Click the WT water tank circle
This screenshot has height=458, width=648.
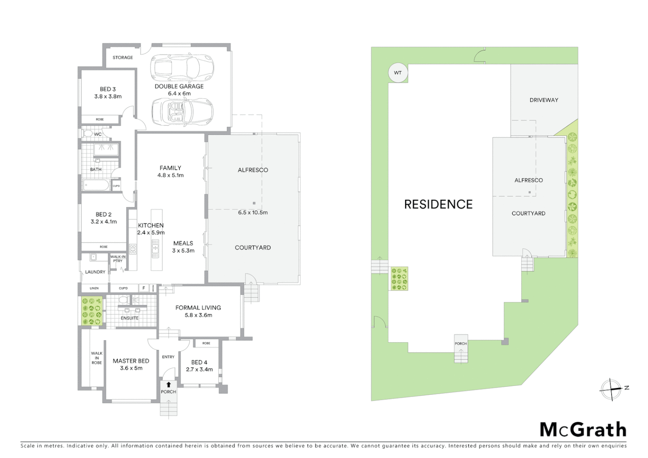click(397, 73)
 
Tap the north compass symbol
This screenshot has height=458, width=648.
click(611, 388)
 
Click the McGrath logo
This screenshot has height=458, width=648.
click(583, 430)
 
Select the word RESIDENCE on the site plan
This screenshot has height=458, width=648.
click(438, 204)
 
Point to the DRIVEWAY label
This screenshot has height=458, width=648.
click(544, 100)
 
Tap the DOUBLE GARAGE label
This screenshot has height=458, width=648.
click(179, 86)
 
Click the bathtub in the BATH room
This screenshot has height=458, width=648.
click(96, 185)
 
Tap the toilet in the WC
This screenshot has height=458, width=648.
click(88, 134)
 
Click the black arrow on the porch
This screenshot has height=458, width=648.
click(168, 385)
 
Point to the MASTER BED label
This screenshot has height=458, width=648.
click(131, 361)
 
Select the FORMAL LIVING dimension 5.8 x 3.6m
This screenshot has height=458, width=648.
click(198, 315)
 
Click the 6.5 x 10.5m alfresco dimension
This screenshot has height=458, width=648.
click(253, 212)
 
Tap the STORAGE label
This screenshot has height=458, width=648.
click(123, 57)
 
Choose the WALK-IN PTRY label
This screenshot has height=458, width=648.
click(117, 259)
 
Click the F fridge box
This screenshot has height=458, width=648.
click(144, 288)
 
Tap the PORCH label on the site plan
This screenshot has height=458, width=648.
click(461, 343)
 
